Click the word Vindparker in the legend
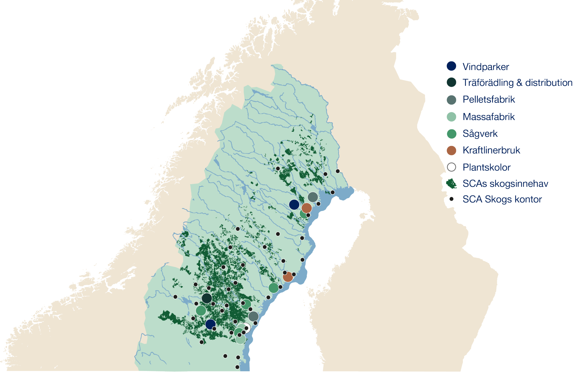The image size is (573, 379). click(486, 67)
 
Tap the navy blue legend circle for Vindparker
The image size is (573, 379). click(451, 66)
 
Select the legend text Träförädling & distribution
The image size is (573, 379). click(517, 83)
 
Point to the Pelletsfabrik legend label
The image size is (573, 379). click(489, 100)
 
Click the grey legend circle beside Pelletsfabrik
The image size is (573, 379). click(451, 100)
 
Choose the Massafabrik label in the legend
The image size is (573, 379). click(489, 117)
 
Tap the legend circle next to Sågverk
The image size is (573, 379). click(451, 134)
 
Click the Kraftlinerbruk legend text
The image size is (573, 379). click(491, 150)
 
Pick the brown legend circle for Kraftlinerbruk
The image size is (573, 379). click(451, 150)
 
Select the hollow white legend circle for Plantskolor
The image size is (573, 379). click(451, 167)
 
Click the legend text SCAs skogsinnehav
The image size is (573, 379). click(505, 184)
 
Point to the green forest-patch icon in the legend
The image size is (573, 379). click(451, 184)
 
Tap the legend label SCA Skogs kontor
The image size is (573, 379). click(502, 199)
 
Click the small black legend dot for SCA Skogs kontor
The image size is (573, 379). click(451, 199)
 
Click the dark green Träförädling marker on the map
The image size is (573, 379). click(207, 298)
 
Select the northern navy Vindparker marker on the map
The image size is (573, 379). click(294, 204)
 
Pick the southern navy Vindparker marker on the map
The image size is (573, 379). click(210, 324)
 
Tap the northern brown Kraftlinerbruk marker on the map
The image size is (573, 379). click(306, 208)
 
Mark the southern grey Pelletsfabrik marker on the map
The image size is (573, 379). click(253, 316)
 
